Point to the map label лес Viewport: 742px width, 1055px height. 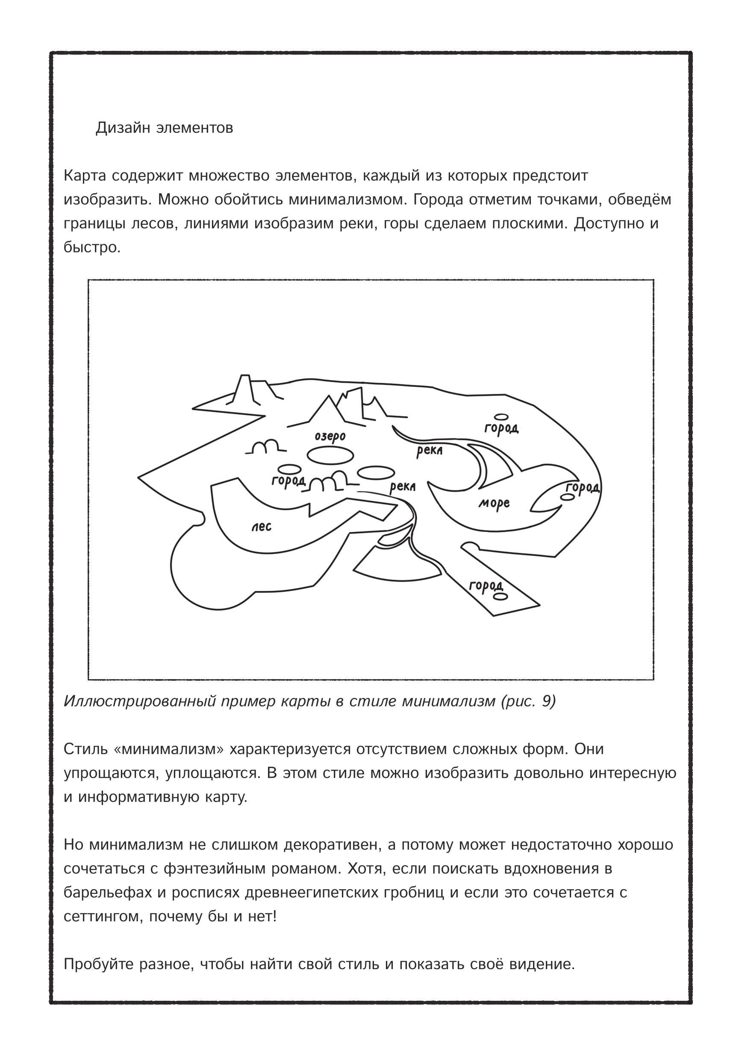click(261, 526)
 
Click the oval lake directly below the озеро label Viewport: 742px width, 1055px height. click(330, 455)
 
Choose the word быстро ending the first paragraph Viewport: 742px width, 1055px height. click(91, 247)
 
